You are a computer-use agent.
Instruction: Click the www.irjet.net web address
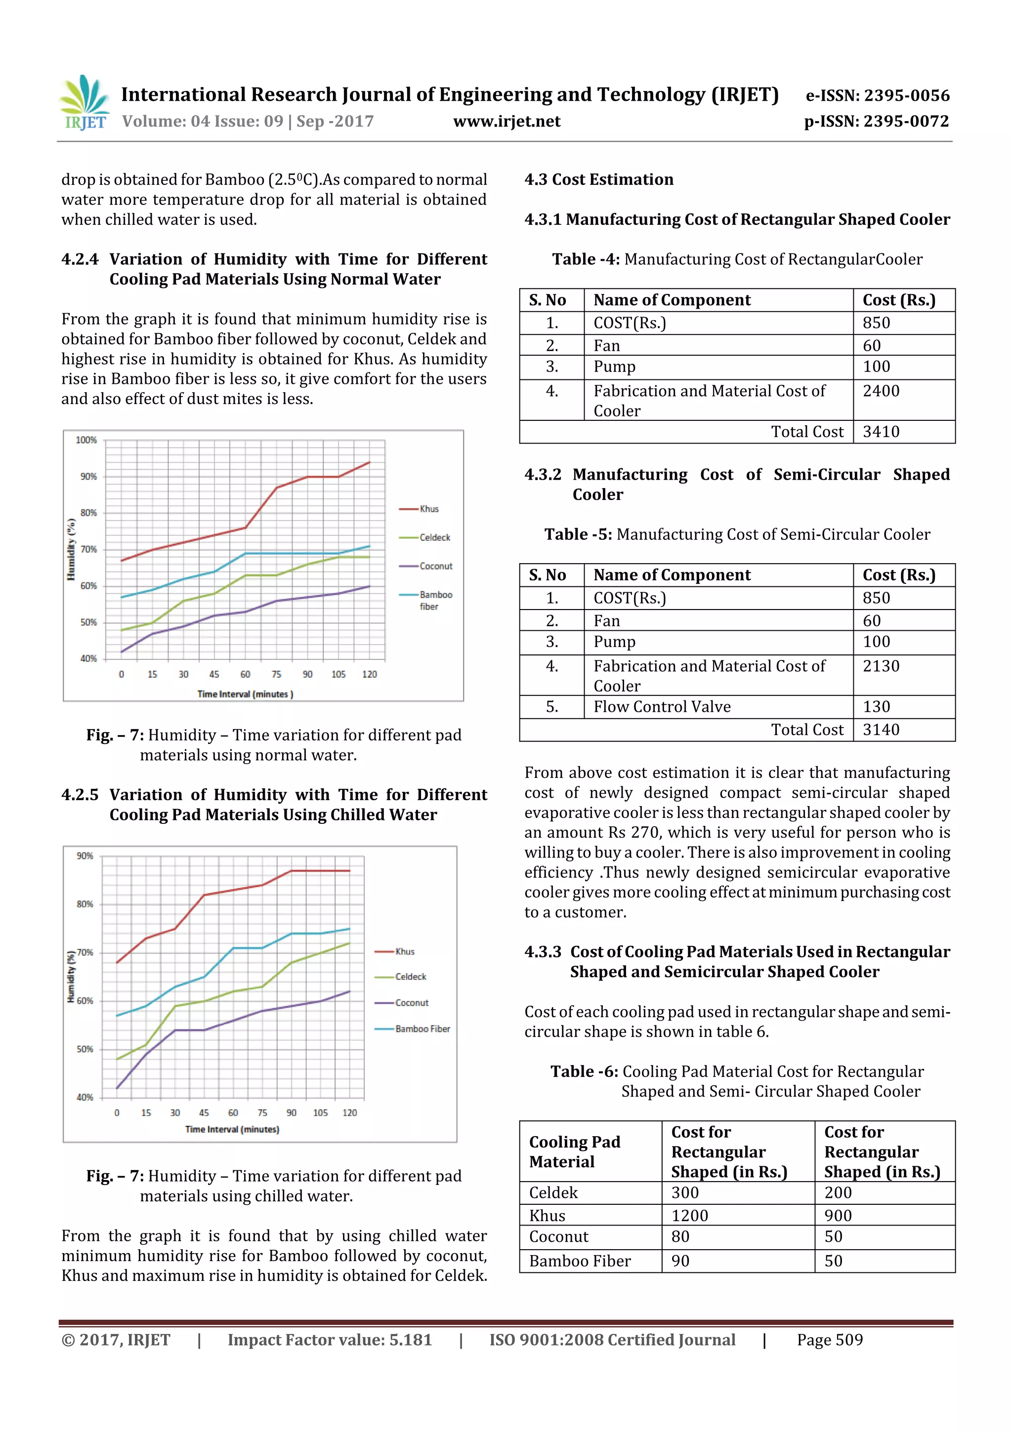tap(506, 122)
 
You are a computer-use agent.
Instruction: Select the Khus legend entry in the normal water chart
tap(428, 509)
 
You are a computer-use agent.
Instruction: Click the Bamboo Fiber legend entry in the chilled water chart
tap(422, 1029)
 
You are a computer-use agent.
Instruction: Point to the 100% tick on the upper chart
tap(86, 440)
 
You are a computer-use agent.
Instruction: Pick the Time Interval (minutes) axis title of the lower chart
tap(232, 1129)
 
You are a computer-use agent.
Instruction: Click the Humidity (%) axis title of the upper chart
tap(71, 549)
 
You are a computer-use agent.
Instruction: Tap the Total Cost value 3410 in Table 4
tap(881, 432)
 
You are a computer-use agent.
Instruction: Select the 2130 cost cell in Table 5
tap(881, 666)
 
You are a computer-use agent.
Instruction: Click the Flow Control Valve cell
tap(662, 707)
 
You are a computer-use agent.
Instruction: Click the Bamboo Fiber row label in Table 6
tap(580, 1261)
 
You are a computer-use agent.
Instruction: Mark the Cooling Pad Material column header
tap(574, 1152)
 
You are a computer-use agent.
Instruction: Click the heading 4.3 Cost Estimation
tap(598, 179)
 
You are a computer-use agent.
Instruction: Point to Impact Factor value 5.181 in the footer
tap(329, 1340)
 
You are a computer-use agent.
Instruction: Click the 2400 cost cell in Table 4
tap(881, 391)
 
